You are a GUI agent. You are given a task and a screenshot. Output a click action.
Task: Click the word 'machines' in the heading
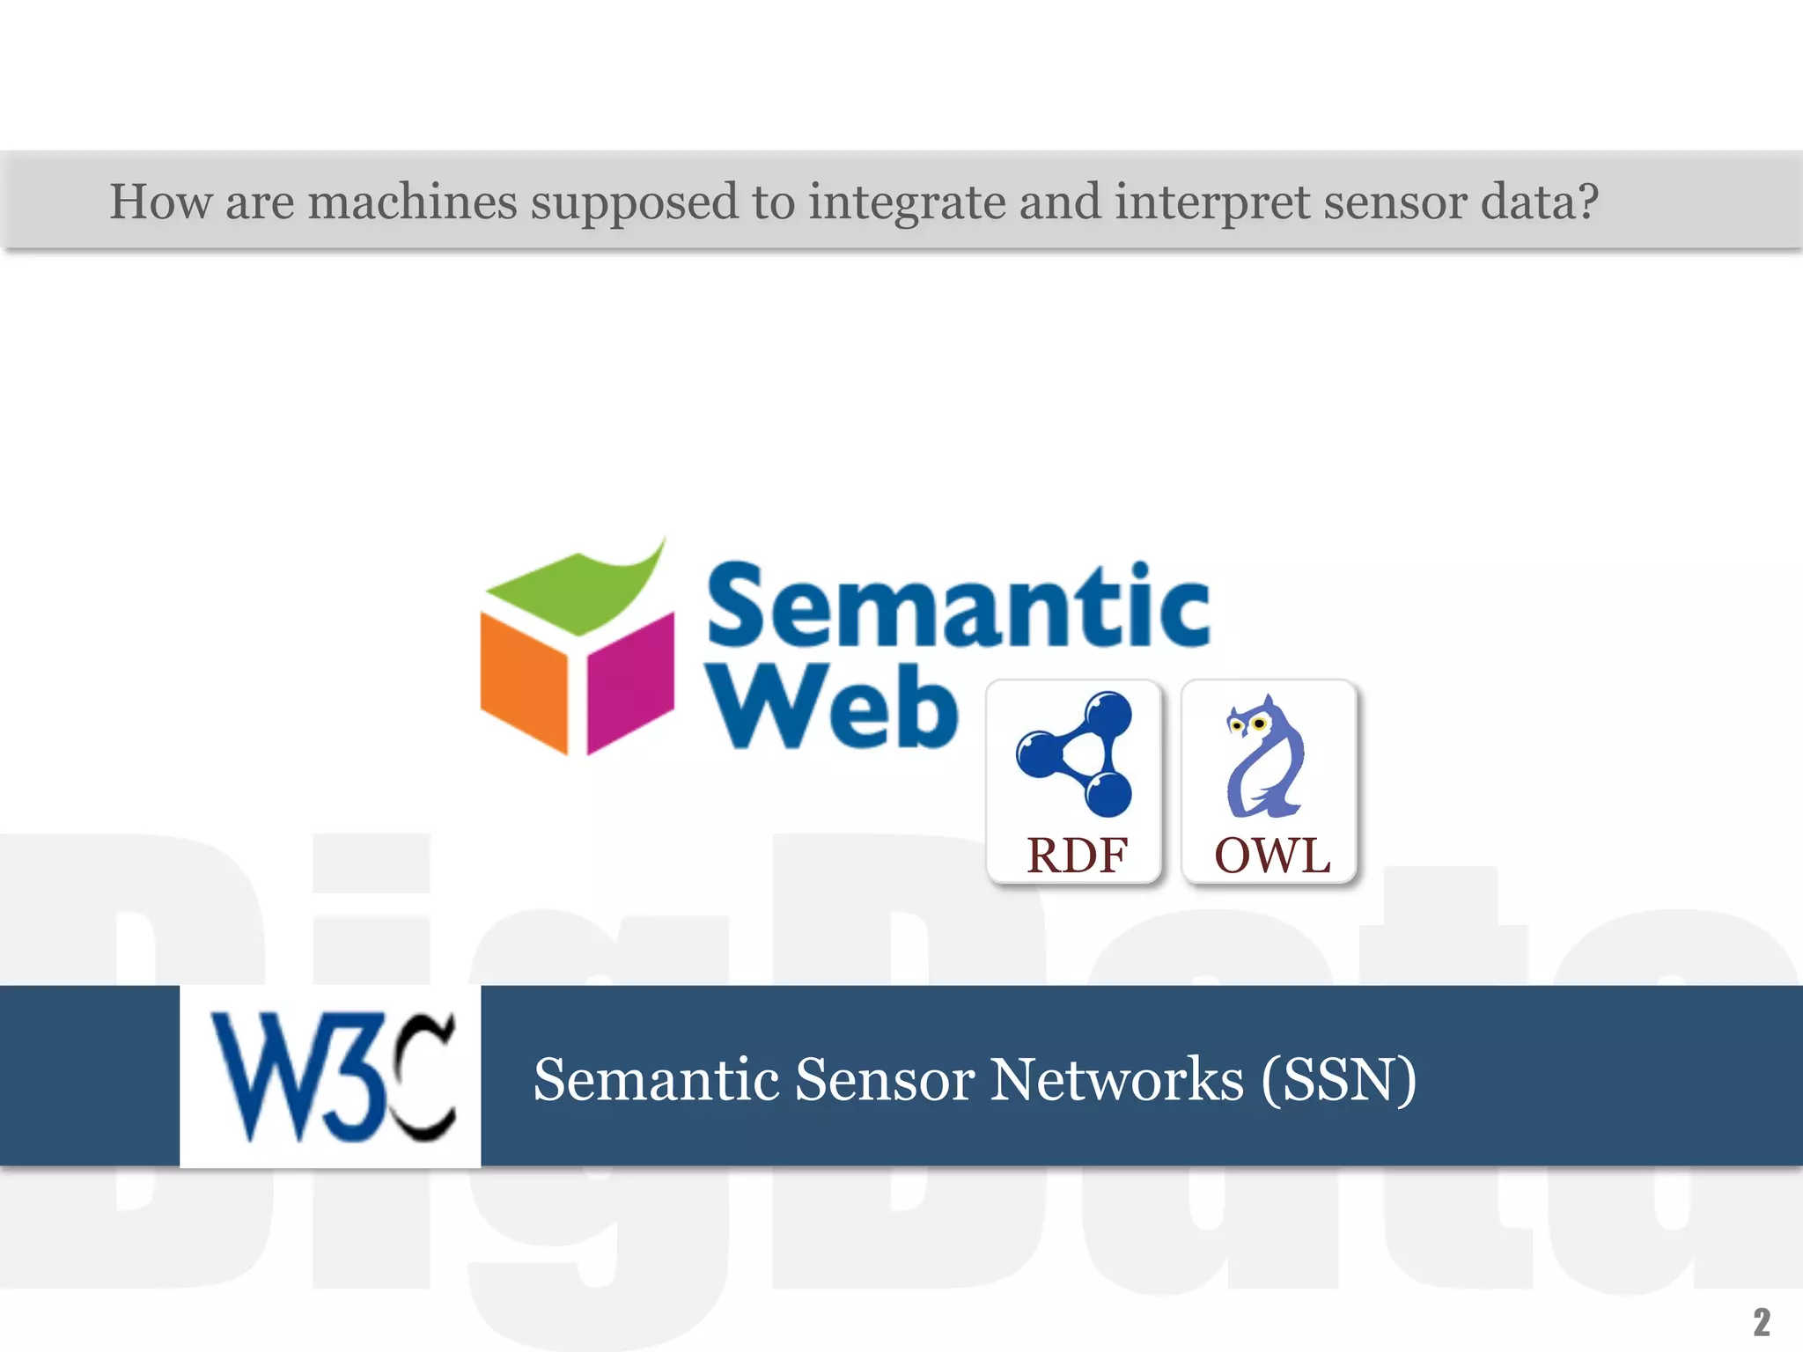point(411,202)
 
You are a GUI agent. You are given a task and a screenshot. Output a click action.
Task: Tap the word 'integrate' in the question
point(906,202)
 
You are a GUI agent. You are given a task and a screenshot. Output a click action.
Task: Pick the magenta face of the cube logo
point(629,681)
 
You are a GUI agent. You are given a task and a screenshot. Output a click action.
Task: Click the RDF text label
point(1077,856)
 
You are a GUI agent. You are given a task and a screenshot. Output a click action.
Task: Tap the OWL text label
point(1271,856)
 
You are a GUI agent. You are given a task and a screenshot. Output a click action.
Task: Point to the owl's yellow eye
point(1260,724)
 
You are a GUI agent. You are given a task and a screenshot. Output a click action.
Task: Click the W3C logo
point(331,1076)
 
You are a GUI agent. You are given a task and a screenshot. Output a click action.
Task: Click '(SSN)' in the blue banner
point(1338,1079)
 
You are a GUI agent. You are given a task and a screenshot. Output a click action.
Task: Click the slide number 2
point(1762,1321)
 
